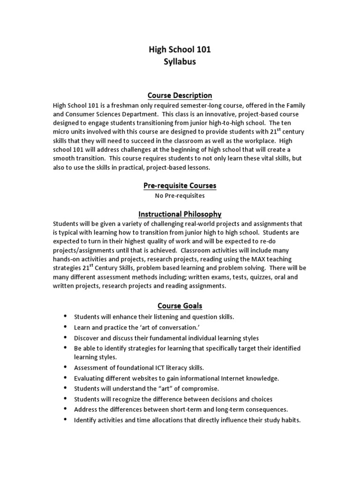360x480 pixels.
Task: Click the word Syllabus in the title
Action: coord(180,62)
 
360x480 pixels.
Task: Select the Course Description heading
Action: coord(180,96)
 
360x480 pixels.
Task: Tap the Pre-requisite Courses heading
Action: coord(180,186)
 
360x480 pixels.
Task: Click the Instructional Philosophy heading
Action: coord(180,214)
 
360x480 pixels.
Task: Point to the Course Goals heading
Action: coord(180,306)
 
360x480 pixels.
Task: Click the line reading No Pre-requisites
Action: coord(180,195)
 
